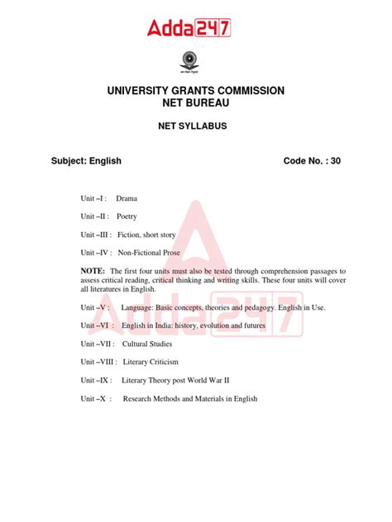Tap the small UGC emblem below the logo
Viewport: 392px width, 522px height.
(196, 60)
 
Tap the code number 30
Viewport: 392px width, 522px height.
(335, 161)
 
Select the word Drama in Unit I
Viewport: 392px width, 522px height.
(127, 199)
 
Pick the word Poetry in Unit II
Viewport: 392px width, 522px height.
(127, 217)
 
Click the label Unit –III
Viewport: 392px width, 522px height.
(96, 235)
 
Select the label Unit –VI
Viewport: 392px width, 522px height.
(96, 325)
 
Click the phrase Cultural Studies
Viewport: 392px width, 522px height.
(147, 344)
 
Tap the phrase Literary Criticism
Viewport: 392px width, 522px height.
(151, 362)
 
